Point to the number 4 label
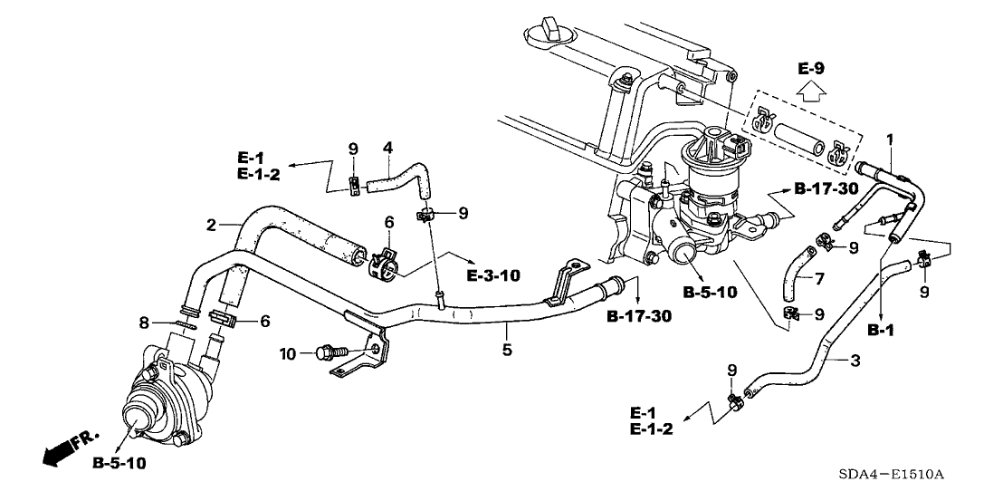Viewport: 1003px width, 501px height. (387, 147)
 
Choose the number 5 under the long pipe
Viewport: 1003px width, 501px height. (507, 348)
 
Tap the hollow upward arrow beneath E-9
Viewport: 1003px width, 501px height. (811, 92)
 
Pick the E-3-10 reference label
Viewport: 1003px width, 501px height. (493, 275)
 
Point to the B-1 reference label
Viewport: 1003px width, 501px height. (881, 332)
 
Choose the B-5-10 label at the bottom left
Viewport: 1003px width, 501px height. (119, 464)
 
